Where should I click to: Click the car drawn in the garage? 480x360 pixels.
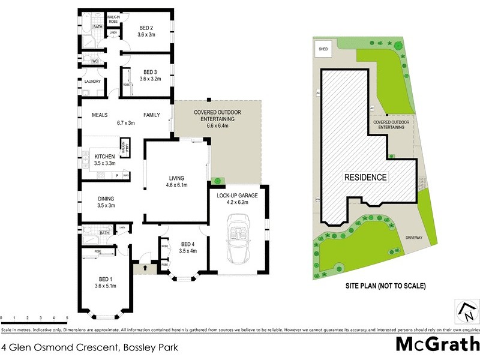pyautogui.click(x=237, y=244)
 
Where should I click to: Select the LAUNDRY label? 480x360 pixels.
pyautogui.click(x=92, y=82)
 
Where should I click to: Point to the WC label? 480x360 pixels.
pyautogui.click(x=95, y=61)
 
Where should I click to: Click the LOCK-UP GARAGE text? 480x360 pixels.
pyautogui.click(x=238, y=195)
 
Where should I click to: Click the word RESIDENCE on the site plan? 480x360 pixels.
pyautogui.click(x=365, y=178)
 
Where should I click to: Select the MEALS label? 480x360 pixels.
pyautogui.click(x=99, y=115)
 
